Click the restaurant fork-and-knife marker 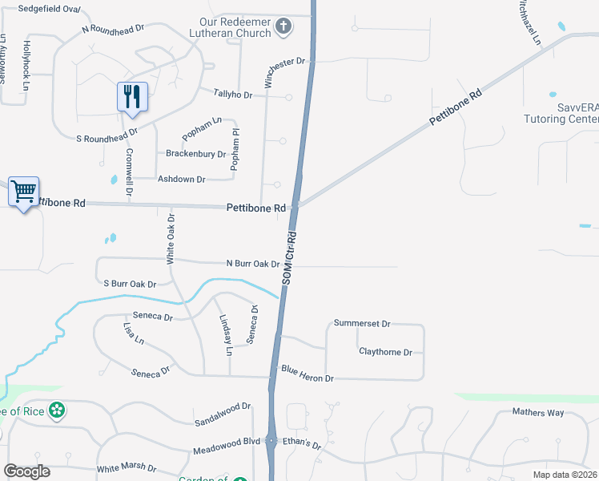point(132,96)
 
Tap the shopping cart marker point(24,192)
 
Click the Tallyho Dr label point(233,95)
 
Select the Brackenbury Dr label point(195,153)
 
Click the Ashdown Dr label point(182,179)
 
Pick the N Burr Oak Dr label point(253,263)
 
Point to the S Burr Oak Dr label point(130,284)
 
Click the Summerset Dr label point(362,324)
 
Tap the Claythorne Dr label point(385,352)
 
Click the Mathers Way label point(538,413)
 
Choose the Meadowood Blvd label point(227,440)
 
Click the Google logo point(27,471)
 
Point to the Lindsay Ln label point(226,334)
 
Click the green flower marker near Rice point(57,411)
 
